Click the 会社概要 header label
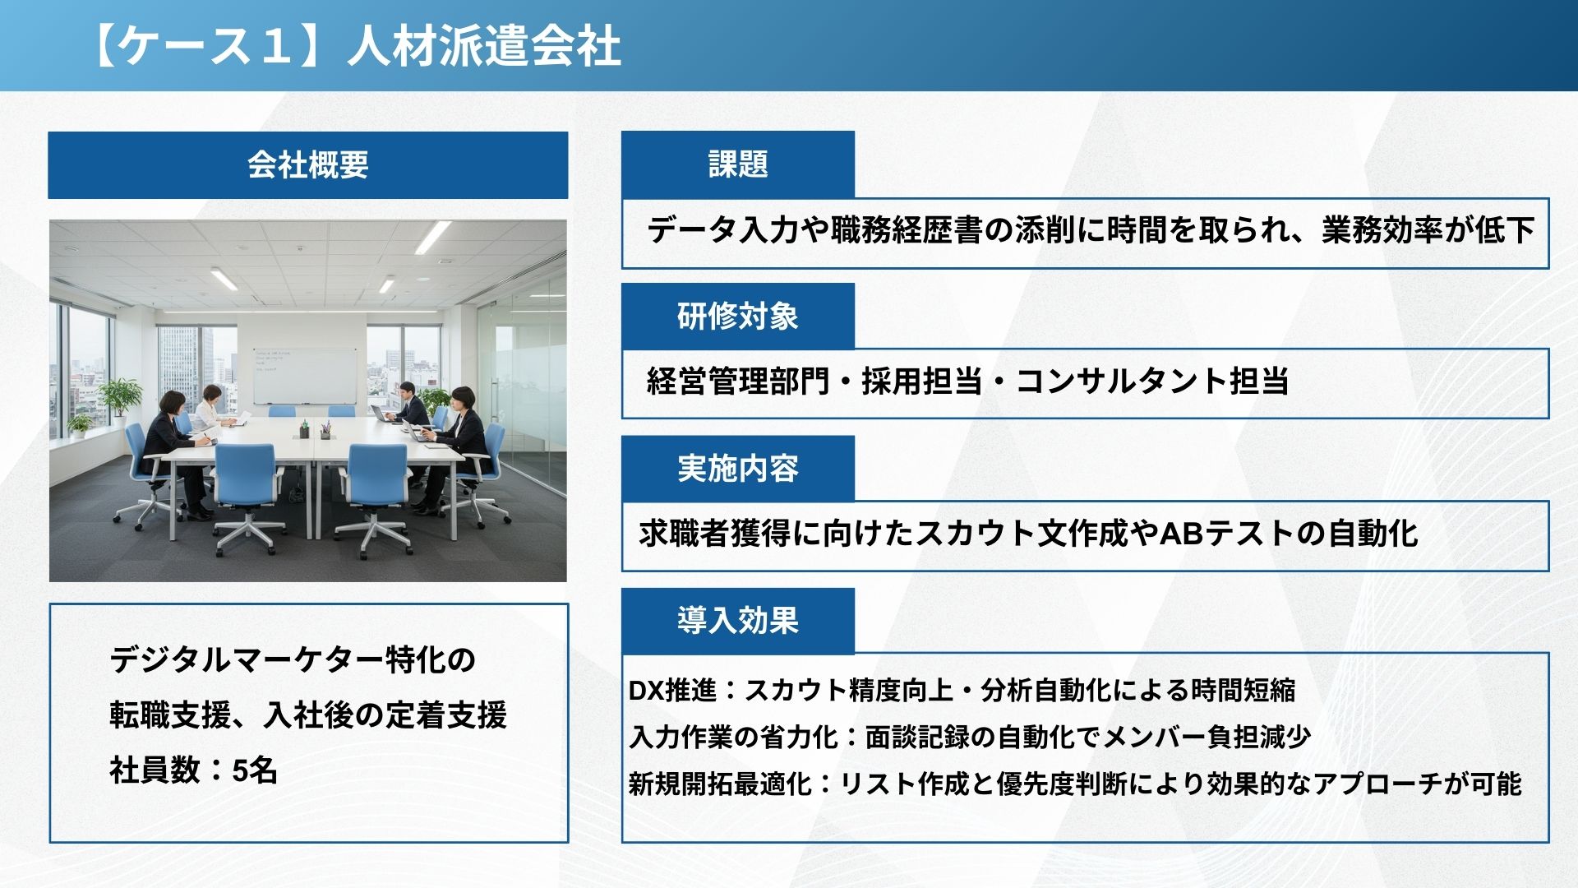(307, 165)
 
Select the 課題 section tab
(738, 164)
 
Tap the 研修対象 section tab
(738, 316)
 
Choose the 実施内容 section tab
(738, 468)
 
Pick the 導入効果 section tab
(738, 620)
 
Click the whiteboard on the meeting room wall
(305, 376)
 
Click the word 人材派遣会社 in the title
(483, 46)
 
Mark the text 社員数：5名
(194, 770)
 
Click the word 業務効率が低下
(1428, 230)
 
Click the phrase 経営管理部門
(738, 382)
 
